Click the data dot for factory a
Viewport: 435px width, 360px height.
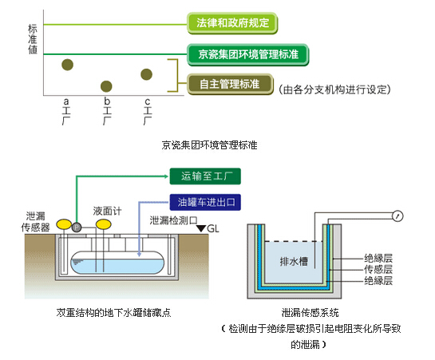67,65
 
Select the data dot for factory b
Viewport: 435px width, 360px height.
106,86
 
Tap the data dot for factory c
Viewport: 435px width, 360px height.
147,74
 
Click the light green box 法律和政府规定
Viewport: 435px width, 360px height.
232,23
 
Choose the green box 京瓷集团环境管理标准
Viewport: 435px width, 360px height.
248,54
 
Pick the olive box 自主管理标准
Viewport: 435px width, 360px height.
230,84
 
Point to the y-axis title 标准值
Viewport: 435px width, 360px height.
33,39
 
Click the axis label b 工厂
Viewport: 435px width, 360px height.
107,111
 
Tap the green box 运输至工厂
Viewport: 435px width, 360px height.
205,176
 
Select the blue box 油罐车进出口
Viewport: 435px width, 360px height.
205,202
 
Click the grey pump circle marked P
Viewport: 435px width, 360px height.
77,227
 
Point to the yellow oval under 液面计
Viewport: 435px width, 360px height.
104,224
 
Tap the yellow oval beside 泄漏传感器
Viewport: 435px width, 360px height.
64,224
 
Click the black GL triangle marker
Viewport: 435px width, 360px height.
201,228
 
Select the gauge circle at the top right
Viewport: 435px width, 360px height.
397,216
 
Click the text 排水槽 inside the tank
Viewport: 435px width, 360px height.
294,262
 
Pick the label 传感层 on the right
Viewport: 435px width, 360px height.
378,269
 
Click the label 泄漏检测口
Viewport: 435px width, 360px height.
174,220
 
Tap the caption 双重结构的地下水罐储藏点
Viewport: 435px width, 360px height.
114,313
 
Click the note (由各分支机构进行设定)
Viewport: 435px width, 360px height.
334,89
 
